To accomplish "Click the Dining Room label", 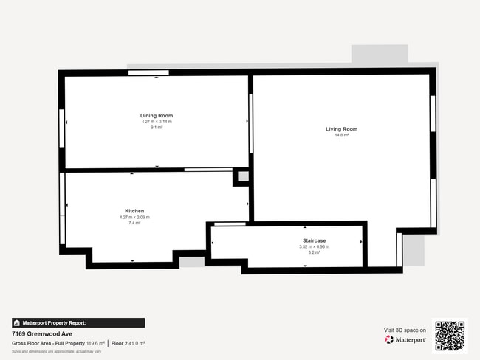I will coord(157,116).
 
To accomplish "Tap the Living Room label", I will coord(341,129).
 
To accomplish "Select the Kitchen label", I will coord(134,211).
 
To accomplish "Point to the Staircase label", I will coord(315,240).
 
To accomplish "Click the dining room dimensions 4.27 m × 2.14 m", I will coord(157,122).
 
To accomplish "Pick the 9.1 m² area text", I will coord(157,127).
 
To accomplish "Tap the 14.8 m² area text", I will coord(341,135).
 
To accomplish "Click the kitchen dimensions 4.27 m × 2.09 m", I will coord(134,217).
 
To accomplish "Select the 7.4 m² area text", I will coord(134,222).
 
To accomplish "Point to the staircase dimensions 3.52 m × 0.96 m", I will coord(315,246).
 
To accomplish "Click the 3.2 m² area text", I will coord(315,252).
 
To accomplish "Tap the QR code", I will coord(450,336).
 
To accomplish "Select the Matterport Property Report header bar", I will coord(78,322).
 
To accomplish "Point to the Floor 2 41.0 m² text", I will coord(128,343).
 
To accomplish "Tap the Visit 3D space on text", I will coord(405,330).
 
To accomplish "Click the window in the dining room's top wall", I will coord(148,72).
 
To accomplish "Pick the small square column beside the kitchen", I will coord(241,177).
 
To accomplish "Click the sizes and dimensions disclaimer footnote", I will coord(56,352).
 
